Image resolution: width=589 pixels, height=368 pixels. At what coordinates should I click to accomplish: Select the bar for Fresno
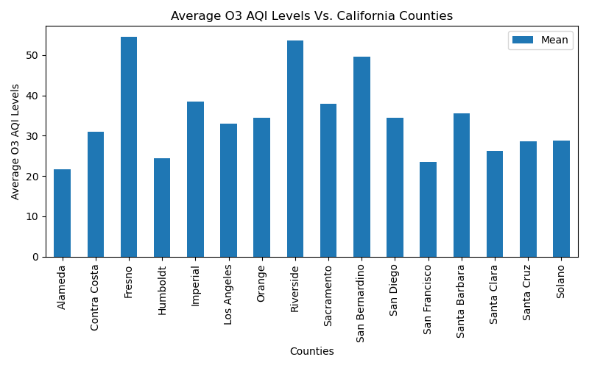pos(129,147)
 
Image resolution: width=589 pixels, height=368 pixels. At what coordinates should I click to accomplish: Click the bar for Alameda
pos(63,213)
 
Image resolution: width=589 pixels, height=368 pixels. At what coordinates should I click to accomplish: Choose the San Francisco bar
pos(428,210)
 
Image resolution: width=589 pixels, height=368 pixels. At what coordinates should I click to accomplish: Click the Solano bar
pos(561,199)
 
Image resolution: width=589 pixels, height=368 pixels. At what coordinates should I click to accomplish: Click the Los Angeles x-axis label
pos(228,294)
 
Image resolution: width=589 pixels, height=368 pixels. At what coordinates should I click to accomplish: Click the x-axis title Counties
pos(311,352)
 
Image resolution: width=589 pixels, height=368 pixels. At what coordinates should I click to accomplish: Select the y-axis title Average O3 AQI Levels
pos(15,141)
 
